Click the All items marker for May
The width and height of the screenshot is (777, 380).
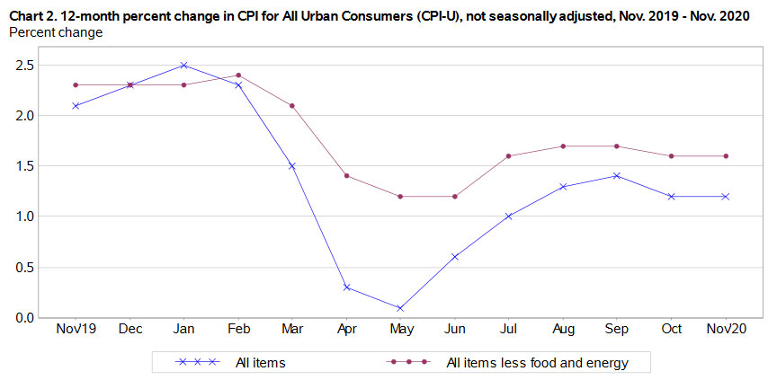tap(400, 307)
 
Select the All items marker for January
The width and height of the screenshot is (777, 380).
tap(183, 65)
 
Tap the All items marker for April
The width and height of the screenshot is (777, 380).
tap(346, 287)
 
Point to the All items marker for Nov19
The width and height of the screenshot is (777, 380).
tap(76, 105)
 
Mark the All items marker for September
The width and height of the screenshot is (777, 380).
tap(618, 176)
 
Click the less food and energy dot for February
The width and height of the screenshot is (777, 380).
tap(237, 75)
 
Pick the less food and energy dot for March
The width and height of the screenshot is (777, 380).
tap(292, 105)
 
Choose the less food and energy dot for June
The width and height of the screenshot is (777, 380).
tap(455, 196)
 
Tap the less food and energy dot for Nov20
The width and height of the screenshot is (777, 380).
tap(726, 155)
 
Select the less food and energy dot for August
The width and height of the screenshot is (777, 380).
tap(563, 146)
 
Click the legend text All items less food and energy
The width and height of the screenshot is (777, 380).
tap(536, 363)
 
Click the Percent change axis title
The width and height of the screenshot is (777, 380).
tap(55, 32)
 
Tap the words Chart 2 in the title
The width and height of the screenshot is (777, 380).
tap(32, 13)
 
